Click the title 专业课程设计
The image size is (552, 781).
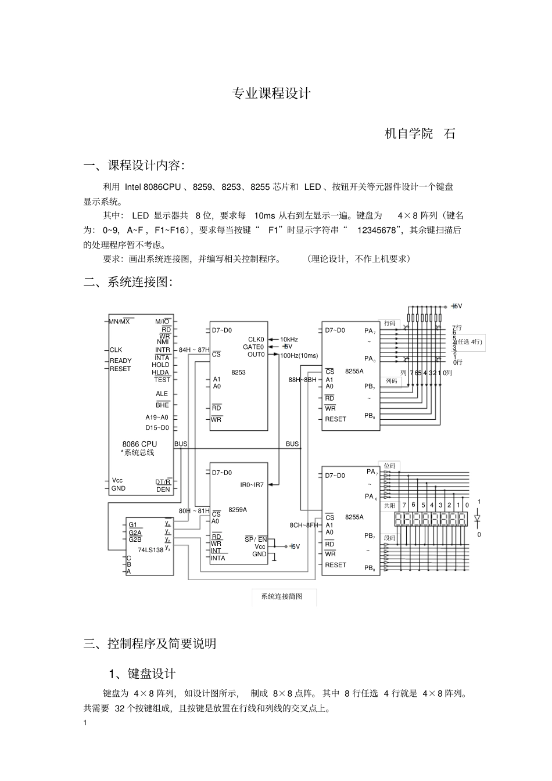[271, 93]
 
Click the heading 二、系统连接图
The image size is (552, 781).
[128, 282]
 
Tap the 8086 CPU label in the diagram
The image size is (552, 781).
[139, 444]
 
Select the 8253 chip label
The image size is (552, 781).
[238, 373]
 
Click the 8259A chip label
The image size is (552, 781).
[237, 510]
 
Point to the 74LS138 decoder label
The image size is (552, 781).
[150, 550]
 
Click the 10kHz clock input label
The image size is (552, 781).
[289, 340]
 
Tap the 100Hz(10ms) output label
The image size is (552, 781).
[299, 355]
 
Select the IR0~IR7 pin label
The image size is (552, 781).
[252, 485]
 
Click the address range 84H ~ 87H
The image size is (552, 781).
[194, 350]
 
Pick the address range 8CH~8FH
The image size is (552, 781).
[304, 526]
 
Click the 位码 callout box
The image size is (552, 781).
[389, 466]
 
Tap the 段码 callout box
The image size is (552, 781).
[389, 538]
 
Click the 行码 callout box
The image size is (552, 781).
[389, 323]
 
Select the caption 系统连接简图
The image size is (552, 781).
[282, 596]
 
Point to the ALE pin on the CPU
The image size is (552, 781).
[162, 394]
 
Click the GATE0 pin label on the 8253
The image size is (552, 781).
[253, 347]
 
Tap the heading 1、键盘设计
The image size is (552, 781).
[142, 674]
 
